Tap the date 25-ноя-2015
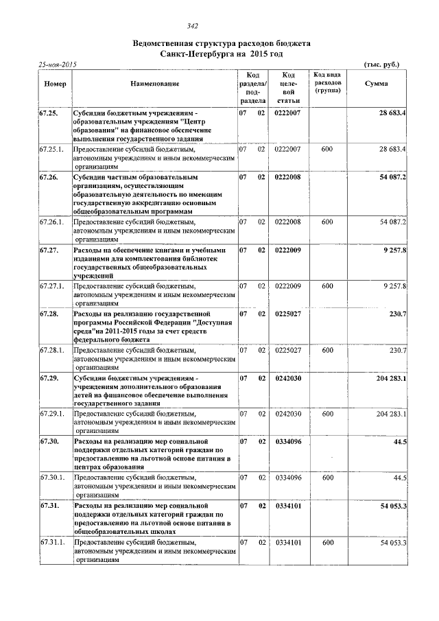point(58,65)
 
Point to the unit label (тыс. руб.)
point(381,65)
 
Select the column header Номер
point(55,84)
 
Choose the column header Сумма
point(376,84)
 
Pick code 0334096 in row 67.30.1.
point(288,477)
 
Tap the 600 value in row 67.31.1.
point(327,542)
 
